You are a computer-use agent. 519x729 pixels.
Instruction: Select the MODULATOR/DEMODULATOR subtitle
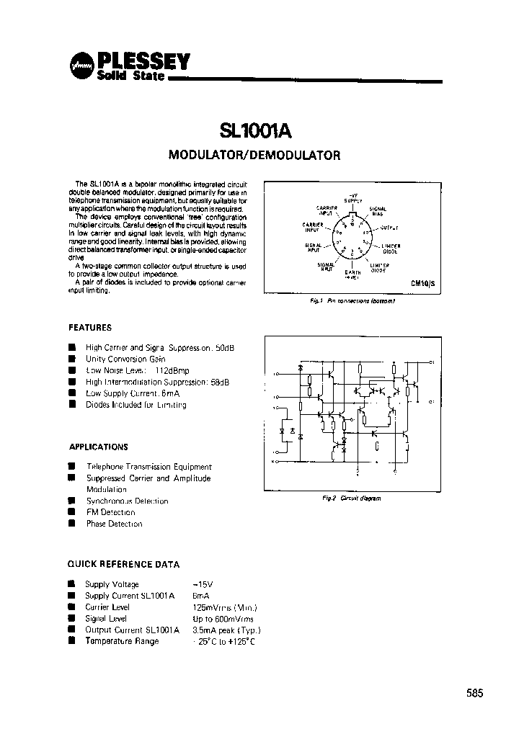point(254,154)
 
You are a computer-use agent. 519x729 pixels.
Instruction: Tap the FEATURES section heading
point(90,327)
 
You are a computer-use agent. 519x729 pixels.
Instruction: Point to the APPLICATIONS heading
point(98,447)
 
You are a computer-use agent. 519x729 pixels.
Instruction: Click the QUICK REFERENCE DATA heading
point(123,564)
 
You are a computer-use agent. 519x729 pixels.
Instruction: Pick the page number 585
point(474,693)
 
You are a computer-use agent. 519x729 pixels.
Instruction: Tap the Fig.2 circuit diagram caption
point(351,498)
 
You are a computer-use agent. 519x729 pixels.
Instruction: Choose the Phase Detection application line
point(115,524)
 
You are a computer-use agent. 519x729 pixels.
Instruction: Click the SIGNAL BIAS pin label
point(378,211)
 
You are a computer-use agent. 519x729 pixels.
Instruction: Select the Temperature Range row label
point(122,641)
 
